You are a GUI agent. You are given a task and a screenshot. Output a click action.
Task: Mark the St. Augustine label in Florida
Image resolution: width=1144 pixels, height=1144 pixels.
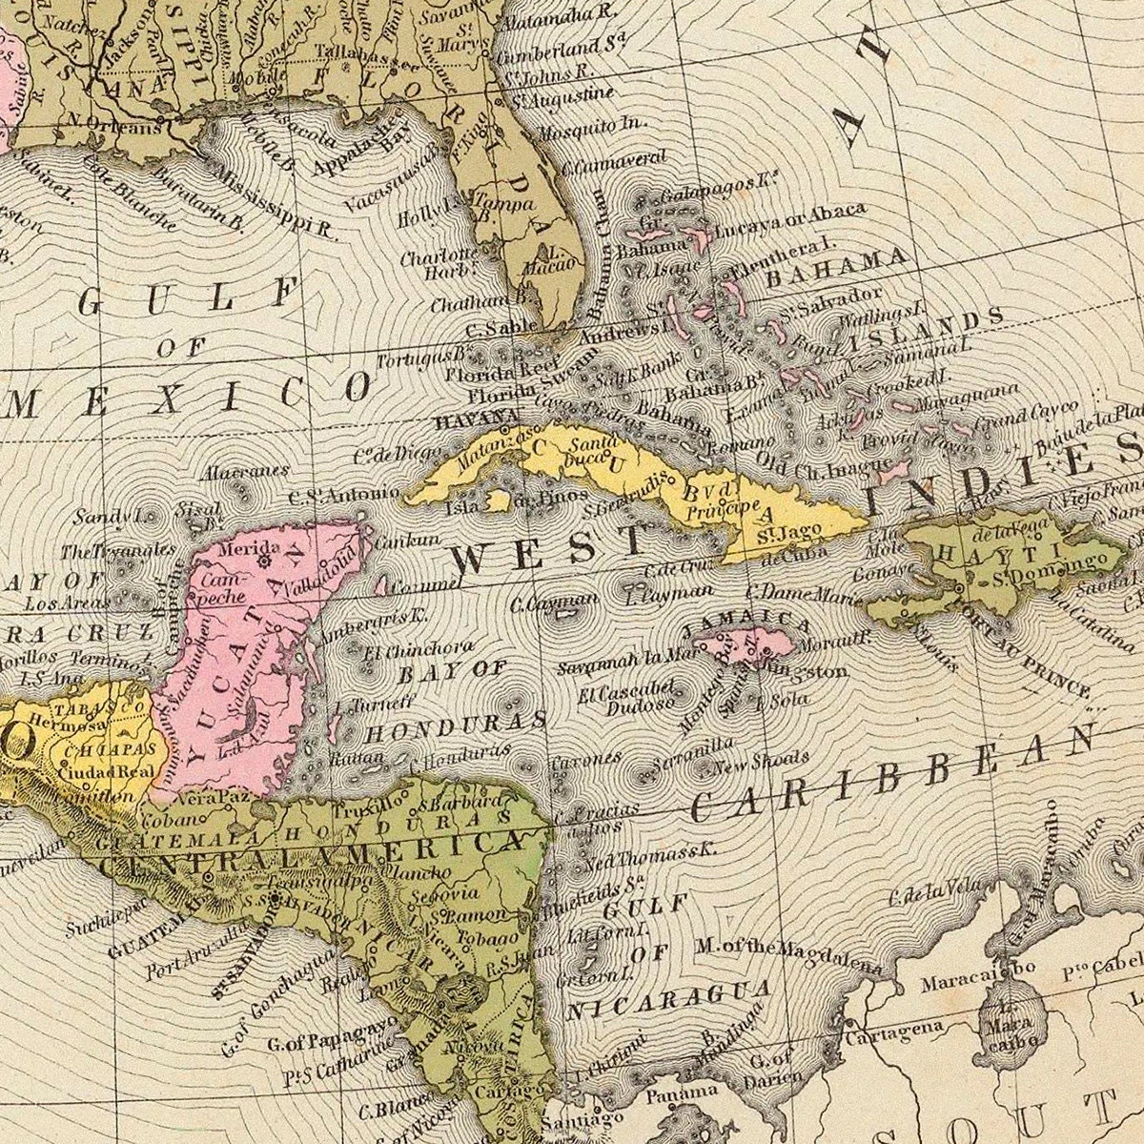[x=562, y=97]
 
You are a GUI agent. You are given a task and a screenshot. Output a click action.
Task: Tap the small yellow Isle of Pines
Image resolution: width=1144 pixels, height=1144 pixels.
[x=497, y=500]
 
